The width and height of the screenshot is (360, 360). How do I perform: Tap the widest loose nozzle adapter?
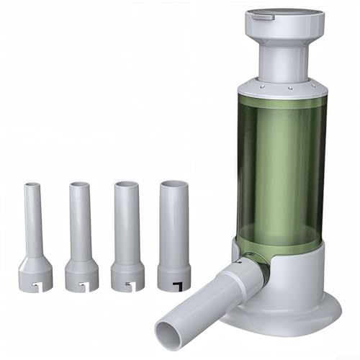[x=174, y=230]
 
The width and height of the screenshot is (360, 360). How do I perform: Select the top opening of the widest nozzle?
[x=174, y=182]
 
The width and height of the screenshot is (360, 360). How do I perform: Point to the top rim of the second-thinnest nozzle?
[x=79, y=184]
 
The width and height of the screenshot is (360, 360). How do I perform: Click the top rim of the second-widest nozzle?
[x=125, y=184]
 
